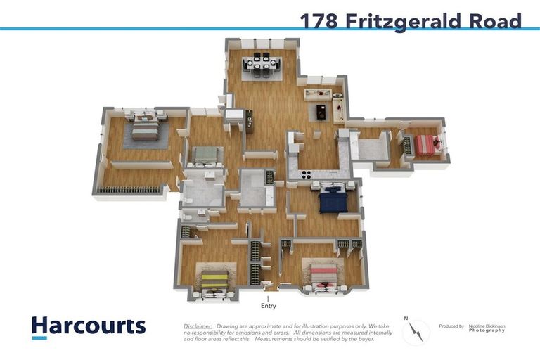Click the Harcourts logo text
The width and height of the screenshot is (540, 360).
click(x=88, y=326)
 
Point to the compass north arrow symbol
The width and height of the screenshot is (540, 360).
click(x=416, y=330)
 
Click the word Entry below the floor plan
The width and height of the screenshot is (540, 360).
click(x=268, y=306)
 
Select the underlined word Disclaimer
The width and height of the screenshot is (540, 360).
click(x=198, y=326)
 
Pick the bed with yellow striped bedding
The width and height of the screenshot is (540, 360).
click(x=214, y=281)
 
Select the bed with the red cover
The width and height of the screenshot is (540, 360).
click(x=425, y=145)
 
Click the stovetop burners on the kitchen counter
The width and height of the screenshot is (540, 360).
click(x=308, y=175)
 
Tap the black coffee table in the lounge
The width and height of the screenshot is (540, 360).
click(x=321, y=111)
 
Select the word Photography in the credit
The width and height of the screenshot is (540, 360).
click(x=487, y=330)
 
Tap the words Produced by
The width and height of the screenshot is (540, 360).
click(x=451, y=326)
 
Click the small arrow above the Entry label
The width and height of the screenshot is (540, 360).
click(x=268, y=298)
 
